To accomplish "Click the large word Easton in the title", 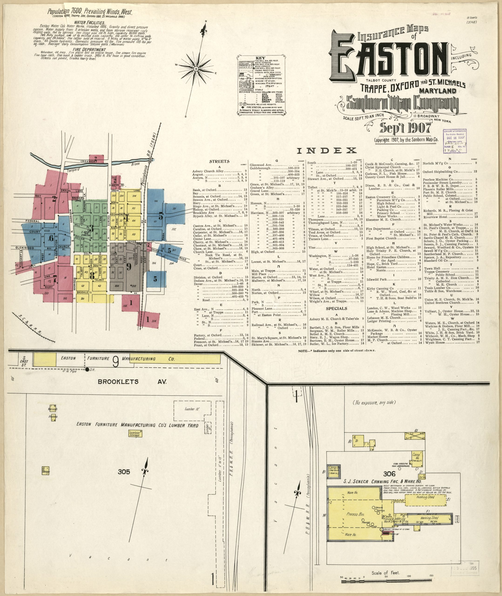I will click(x=387, y=61).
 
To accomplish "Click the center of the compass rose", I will click(x=196, y=69).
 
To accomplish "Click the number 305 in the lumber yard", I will click(x=124, y=472).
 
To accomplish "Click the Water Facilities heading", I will click(x=89, y=22).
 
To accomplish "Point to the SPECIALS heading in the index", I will click(x=336, y=308).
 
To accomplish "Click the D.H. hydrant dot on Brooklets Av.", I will click(x=87, y=369).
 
